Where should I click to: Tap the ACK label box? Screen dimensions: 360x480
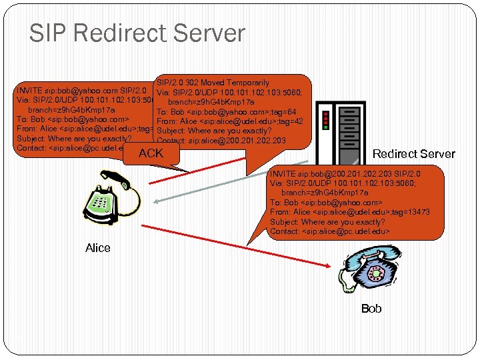click(x=151, y=154)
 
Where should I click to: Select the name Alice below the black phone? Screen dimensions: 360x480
click(x=98, y=248)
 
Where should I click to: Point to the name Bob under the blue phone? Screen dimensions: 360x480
click(x=371, y=308)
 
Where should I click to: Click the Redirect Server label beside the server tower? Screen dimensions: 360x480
click(x=413, y=154)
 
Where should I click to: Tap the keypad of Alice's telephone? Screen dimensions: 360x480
click(x=101, y=201)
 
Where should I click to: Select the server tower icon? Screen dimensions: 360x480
click(x=341, y=130)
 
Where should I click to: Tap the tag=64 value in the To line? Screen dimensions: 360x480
click(x=287, y=111)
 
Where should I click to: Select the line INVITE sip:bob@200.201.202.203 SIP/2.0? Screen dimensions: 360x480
click(x=345, y=173)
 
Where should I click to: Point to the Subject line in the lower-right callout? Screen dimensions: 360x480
click(x=327, y=222)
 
